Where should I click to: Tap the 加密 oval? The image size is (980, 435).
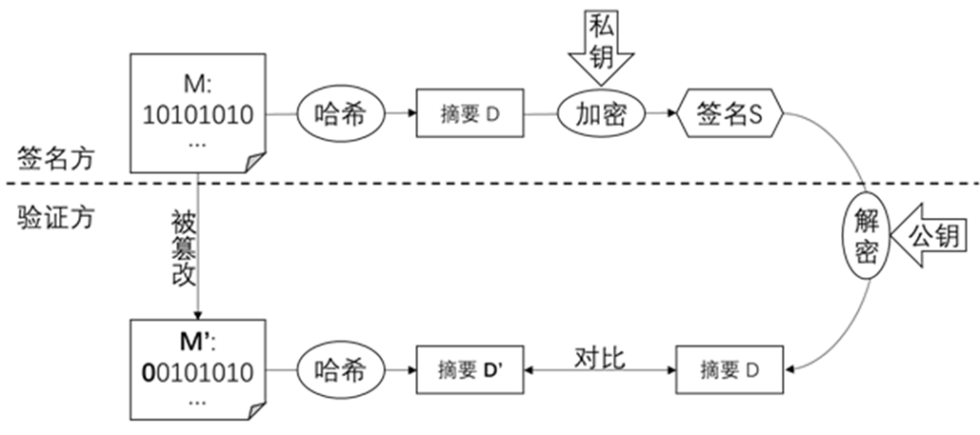[x=601, y=114]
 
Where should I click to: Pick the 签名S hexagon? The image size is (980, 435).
[x=730, y=115]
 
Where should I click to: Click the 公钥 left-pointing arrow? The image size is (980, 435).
[x=929, y=236]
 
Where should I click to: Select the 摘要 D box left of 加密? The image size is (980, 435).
[x=470, y=115]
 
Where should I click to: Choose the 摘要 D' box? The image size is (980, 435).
[x=470, y=369]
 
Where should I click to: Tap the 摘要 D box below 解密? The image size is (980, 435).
[x=730, y=369]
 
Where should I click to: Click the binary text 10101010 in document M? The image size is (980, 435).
[x=198, y=115]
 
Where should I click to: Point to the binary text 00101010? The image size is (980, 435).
[x=198, y=370]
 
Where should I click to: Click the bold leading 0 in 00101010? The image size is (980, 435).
[x=148, y=370]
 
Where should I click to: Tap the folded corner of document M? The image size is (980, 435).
[x=254, y=162]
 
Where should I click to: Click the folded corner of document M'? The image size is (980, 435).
[x=254, y=409]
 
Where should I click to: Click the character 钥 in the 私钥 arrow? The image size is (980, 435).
[x=602, y=60]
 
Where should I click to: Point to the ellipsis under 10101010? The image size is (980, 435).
[x=198, y=143]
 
